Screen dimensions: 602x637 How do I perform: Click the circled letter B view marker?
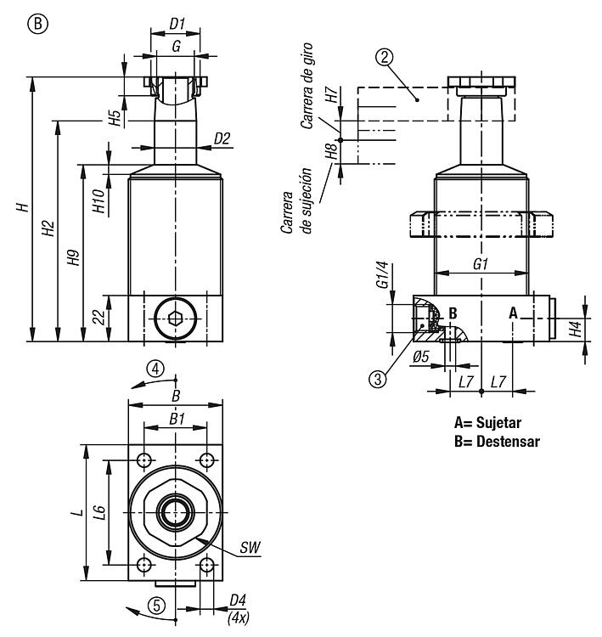pos(37,24)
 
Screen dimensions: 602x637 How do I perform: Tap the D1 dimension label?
pos(177,24)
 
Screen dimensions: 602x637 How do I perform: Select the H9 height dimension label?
pos(74,257)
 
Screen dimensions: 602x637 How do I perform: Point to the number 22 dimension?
pos(98,318)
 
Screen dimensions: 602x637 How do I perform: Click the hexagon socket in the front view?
pos(175,318)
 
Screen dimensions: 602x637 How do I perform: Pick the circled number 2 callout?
pos(385,57)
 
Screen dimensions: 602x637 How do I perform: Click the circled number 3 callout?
pos(378,379)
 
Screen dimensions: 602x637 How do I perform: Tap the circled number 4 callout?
pos(155,369)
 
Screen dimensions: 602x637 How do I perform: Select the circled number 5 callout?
pos(157,606)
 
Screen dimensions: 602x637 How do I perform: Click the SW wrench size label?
pos(250,547)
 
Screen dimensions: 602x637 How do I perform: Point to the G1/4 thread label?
pos(383,275)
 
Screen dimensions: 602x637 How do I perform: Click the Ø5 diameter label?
pos(421,357)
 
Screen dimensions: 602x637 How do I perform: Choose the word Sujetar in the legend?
pos(498,422)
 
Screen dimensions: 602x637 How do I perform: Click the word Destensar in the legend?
pos(508,441)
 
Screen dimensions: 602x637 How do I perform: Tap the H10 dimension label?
pos(98,201)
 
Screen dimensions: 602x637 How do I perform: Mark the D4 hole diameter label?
pos(238,600)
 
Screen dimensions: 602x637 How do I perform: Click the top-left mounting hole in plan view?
pos(143,460)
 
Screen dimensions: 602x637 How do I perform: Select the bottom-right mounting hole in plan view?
pos(207,565)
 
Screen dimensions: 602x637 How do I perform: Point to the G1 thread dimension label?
pos(481,265)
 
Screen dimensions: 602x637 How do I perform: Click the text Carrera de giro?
pos(307,86)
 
